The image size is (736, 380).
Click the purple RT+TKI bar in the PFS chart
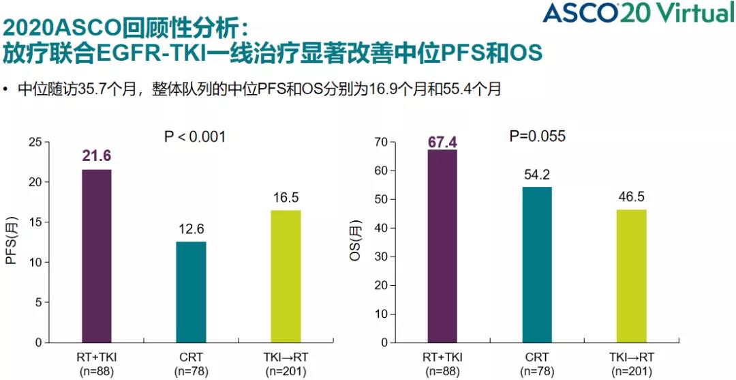click(96, 256)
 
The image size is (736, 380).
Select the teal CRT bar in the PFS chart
click(191, 292)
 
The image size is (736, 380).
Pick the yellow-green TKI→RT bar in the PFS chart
click(286, 276)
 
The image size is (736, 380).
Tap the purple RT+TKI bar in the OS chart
click(442, 246)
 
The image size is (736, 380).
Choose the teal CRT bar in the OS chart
click(537, 265)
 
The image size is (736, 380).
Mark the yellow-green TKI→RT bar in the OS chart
click(631, 276)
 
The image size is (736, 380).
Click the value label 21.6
click(96, 157)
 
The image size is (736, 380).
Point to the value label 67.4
click(442, 142)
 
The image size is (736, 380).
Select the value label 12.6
click(191, 229)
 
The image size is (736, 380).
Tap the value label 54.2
click(537, 175)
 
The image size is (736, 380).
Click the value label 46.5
click(631, 197)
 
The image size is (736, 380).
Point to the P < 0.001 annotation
click(195, 137)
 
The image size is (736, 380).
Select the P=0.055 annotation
click(538, 136)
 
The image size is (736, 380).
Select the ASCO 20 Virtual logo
click(639, 13)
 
